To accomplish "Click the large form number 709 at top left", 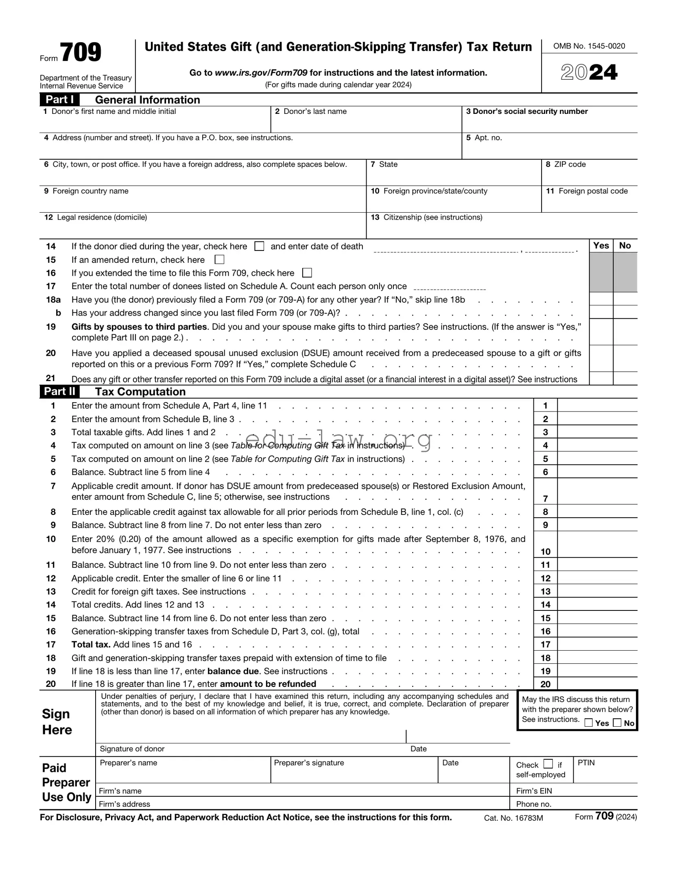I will (81, 53).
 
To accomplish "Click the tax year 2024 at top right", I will (589, 73).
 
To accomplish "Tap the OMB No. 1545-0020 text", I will (589, 46).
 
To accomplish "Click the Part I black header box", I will (59, 100).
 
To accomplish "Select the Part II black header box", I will (59, 392).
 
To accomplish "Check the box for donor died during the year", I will (259, 246).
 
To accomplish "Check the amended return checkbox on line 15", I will (219, 259).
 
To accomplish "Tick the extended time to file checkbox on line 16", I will (307, 272).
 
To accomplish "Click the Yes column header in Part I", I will (601, 246).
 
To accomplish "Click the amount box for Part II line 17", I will (597, 644).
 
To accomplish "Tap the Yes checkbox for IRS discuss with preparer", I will (588, 723).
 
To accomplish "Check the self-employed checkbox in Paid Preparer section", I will (548, 764).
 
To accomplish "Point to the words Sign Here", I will (57, 721).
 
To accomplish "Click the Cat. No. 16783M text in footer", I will (513, 818).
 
